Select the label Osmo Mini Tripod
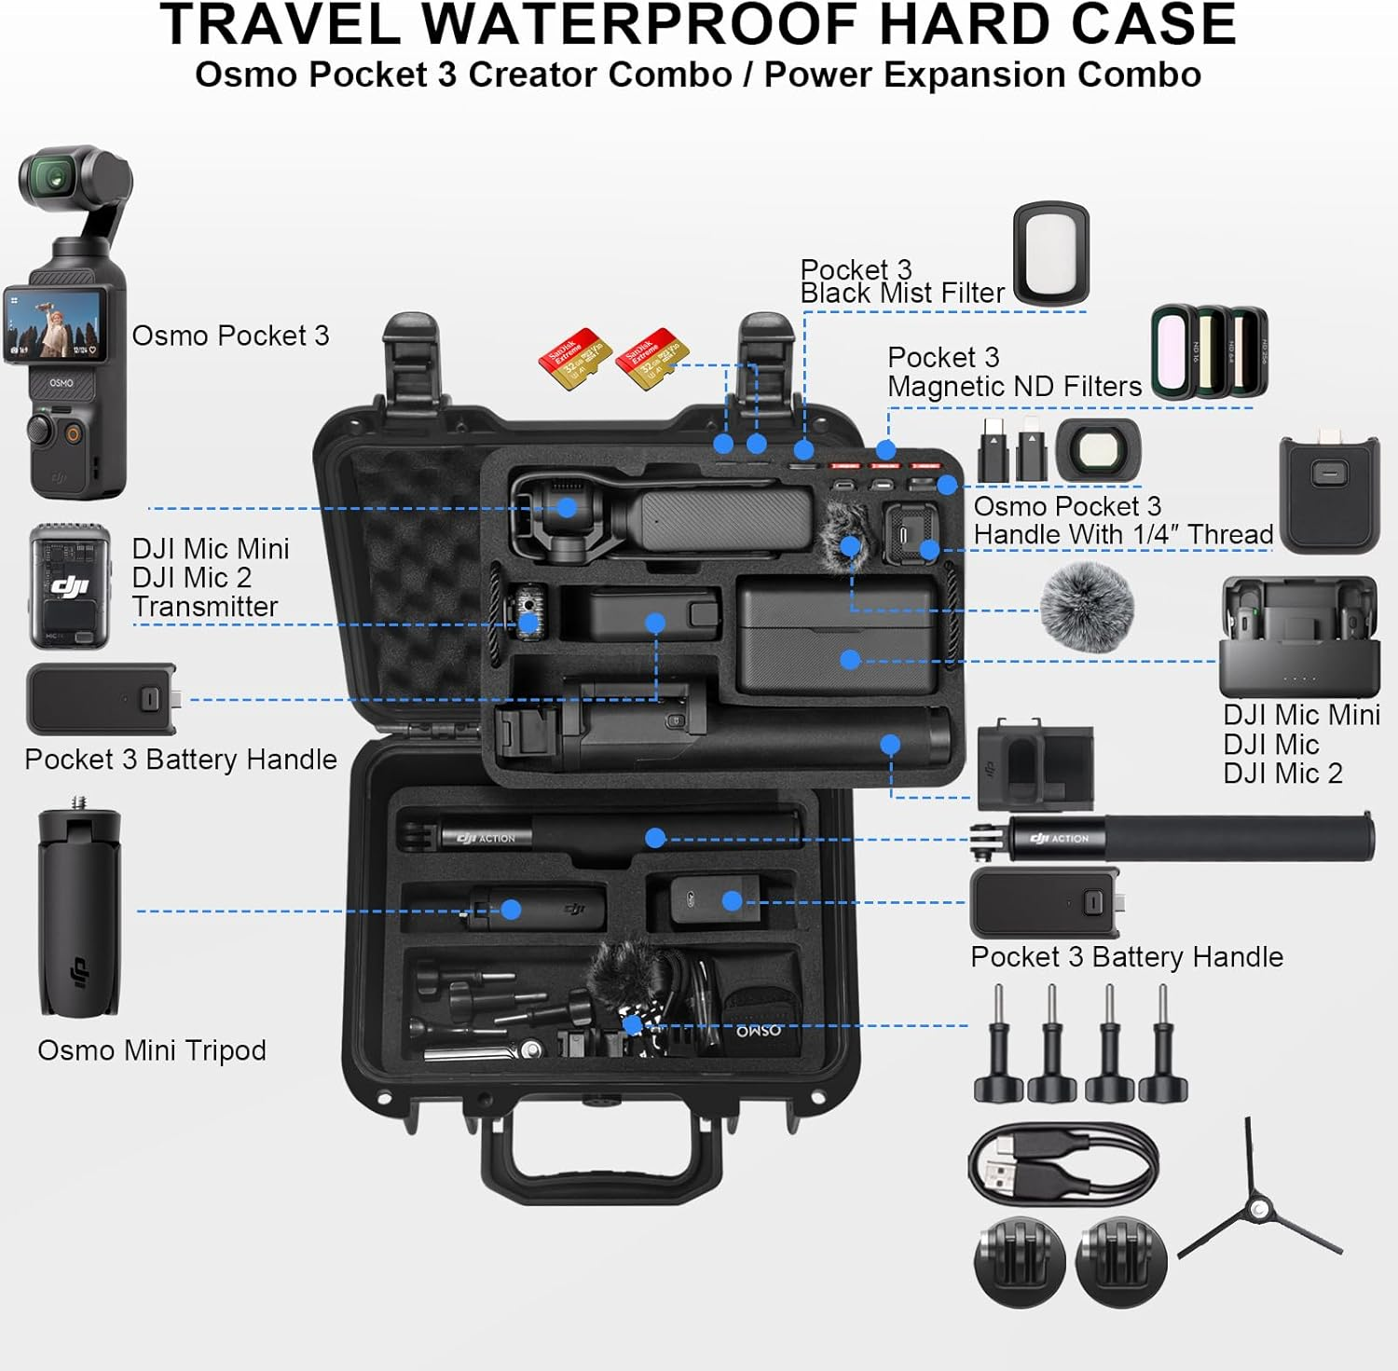point(152,1050)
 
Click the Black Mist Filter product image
point(1051,254)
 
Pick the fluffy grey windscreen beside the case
point(1086,607)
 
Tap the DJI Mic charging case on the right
point(1298,637)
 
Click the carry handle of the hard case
point(601,1165)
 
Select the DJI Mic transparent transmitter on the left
point(69,587)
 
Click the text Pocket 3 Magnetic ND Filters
point(1014,372)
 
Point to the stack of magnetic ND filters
point(1210,352)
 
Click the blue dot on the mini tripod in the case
point(511,910)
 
